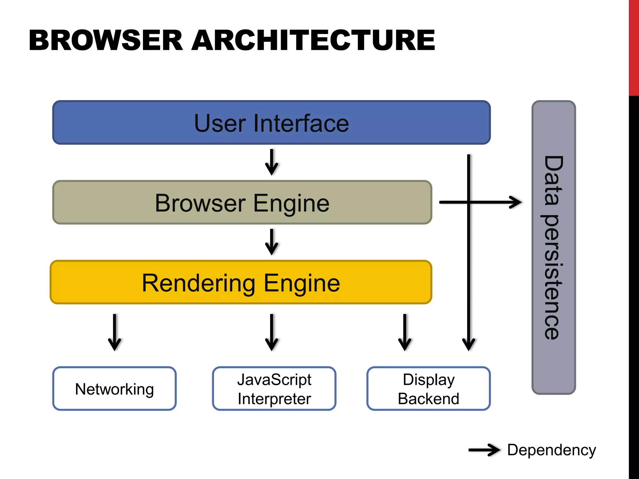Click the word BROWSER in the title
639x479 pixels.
[105, 41]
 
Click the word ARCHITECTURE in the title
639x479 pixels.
[313, 41]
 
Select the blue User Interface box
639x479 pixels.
[271, 123]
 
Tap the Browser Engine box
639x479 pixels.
[242, 202]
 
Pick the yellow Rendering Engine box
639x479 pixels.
[241, 282]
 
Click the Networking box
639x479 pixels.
[115, 389]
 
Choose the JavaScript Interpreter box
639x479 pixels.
[274, 389]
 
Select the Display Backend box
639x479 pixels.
[428, 389]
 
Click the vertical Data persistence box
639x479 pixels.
[554, 247]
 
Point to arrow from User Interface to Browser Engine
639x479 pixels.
[271, 162]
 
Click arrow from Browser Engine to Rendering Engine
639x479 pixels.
[271, 242]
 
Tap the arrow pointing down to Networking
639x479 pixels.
[115, 332]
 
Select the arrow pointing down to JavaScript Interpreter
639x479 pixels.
[271, 332]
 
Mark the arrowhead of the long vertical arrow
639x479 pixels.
[468, 345]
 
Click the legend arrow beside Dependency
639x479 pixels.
[484, 450]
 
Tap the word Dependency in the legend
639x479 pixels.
[552, 450]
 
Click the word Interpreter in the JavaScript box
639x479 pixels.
[274, 399]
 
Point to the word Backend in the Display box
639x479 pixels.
[428, 399]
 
